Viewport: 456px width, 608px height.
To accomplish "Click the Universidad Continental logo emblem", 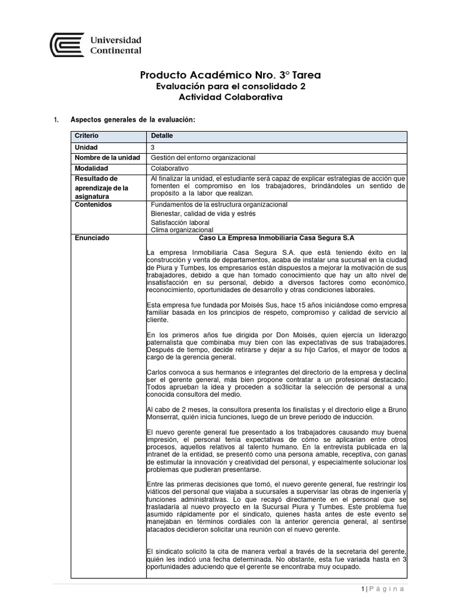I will [x=67, y=44].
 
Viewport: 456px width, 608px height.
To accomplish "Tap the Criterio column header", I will [x=87, y=137].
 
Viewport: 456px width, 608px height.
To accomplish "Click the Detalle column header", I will [x=162, y=137].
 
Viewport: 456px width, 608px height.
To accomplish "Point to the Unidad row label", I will [x=86, y=147].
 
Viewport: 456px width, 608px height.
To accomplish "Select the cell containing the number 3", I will [x=154, y=147].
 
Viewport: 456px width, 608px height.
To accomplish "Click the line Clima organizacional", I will [x=181, y=230].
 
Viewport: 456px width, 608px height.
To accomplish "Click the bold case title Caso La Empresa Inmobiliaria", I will [x=275, y=237].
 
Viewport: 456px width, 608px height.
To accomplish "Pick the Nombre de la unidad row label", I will [x=107, y=157].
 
